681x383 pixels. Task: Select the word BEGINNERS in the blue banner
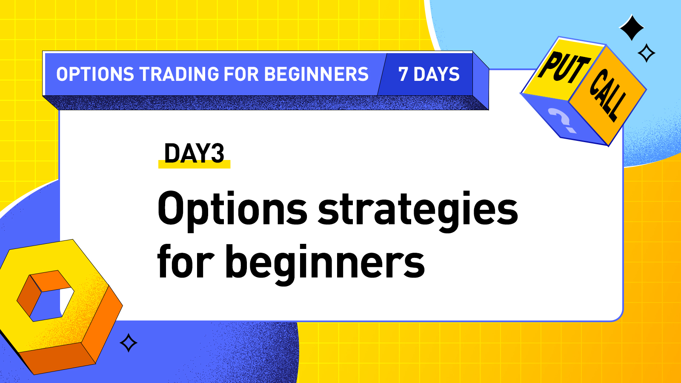coord(316,74)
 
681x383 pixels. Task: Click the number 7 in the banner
coord(403,74)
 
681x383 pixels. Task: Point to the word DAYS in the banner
coord(437,74)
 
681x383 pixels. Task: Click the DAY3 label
coord(194,153)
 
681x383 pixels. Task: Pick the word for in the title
coord(186,262)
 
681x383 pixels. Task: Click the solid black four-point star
coord(632,28)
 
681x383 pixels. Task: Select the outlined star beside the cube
coord(647,53)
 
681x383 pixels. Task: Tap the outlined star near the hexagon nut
coord(129,343)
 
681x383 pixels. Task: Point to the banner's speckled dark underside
coord(264,103)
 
